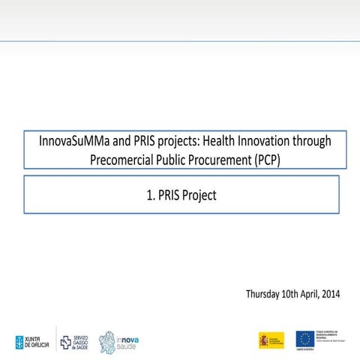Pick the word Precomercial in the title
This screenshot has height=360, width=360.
point(122,160)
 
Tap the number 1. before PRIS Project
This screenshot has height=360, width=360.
point(151,196)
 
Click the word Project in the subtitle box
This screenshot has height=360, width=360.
point(199,196)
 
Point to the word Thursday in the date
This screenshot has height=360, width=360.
point(266,293)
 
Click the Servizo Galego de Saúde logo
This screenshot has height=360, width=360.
point(73,341)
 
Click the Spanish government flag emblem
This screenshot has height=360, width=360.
point(271,340)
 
